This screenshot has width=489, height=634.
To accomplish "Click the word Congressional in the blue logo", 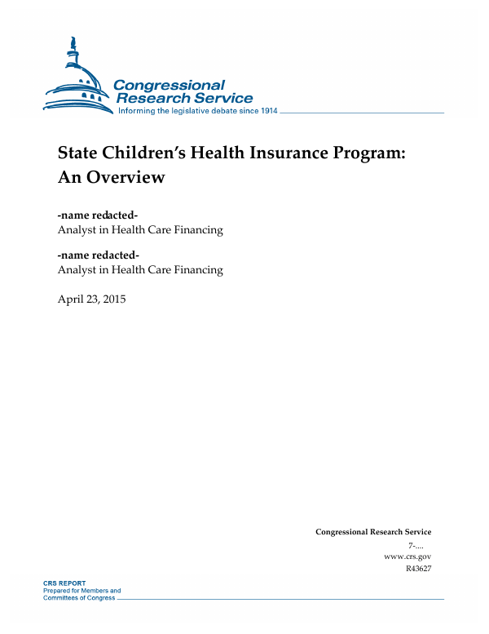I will click(169, 85).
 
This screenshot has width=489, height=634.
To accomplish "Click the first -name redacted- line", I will click(97, 215).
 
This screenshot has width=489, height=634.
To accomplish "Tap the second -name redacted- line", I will click(97, 255).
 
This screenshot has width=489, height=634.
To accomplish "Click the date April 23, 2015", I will click(91, 299).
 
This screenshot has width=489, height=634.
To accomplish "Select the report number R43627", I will click(418, 569).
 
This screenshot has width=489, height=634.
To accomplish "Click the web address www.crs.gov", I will click(407, 556).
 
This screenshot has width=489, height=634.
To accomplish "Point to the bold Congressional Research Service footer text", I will click(373, 532).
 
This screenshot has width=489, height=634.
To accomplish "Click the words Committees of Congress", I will click(79, 598).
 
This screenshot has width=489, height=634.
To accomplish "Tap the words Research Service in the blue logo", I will click(185, 98).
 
